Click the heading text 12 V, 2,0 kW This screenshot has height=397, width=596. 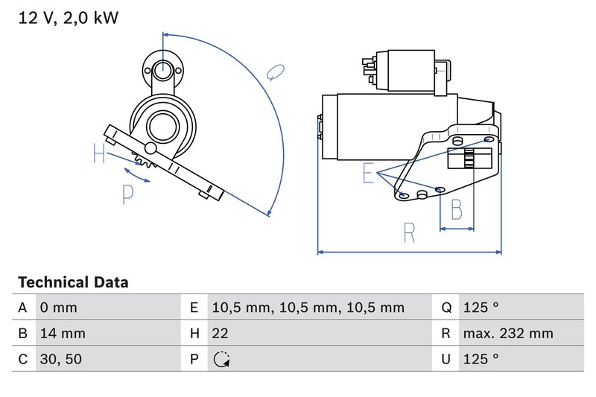coord(68,18)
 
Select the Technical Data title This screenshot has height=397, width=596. coord(73,282)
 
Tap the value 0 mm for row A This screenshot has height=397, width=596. coord(57,308)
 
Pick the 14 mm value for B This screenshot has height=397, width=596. coord(61,333)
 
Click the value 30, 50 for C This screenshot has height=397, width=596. coord(61,359)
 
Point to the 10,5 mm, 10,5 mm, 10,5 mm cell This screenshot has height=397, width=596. coord(308,308)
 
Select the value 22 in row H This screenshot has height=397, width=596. coord(221,333)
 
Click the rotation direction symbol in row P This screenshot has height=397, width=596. coord(221,360)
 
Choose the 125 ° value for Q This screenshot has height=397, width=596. coord(481,308)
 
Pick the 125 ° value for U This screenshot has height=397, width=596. coord(481,359)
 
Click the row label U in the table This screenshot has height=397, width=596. coord(446,359)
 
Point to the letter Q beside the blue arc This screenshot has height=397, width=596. coord(276,72)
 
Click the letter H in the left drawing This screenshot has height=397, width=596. coord(100,155)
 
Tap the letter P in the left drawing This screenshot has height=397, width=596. coord(127,194)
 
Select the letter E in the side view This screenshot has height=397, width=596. coord(367,174)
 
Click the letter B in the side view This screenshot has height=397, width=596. coord(457,208)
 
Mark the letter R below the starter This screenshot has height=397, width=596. coord(409,234)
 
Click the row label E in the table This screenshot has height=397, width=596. coord(194,308)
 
